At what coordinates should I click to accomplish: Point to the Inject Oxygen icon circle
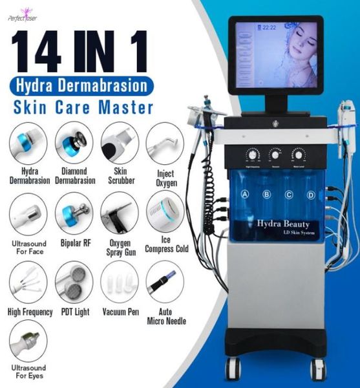(x=164, y=143)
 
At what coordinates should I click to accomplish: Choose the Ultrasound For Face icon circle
(x=28, y=212)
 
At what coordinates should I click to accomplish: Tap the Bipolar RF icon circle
(x=74, y=212)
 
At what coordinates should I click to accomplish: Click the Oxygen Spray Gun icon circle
(x=118, y=212)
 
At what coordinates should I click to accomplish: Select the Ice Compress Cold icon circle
(x=164, y=212)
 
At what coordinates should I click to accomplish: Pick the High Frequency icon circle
(x=28, y=279)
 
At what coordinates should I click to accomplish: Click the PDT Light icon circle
(x=74, y=279)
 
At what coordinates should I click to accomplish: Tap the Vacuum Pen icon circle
(x=118, y=279)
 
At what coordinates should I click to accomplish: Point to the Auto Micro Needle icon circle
(x=164, y=279)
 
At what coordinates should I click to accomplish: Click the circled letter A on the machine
(x=246, y=194)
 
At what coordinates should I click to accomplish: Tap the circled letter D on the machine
(x=311, y=194)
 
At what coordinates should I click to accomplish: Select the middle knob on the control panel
(x=275, y=155)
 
